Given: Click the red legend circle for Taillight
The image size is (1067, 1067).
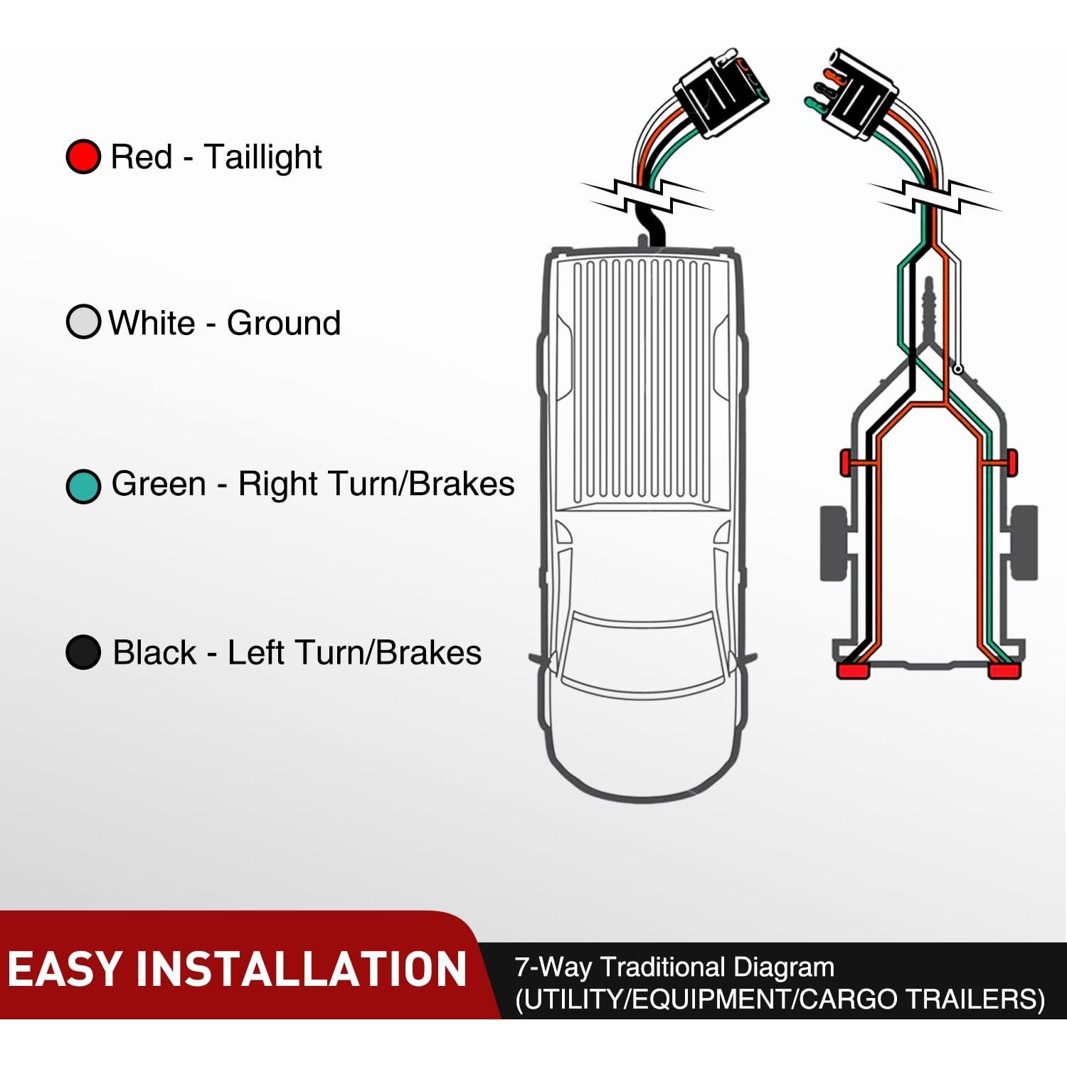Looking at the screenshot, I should (x=83, y=156).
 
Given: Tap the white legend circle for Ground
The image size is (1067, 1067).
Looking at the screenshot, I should (x=83, y=322).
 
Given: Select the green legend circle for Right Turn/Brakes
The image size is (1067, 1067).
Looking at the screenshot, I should (x=83, y=487).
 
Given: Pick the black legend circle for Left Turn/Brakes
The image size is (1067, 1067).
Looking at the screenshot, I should (x=83, y=652).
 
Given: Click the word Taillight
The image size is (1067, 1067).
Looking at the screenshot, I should (x=262, y=157).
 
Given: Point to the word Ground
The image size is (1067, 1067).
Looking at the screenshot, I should (x=283, y=323).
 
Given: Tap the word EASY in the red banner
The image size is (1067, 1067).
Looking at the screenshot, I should (x=65, y=969).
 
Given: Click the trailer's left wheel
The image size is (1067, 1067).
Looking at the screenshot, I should (x=833, y=543).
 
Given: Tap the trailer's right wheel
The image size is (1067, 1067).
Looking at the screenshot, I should (x=1024, y=542).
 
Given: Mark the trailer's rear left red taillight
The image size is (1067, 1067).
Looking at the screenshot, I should (x=852, y=671).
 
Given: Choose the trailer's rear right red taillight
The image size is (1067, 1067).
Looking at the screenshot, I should (x=1004, y=671).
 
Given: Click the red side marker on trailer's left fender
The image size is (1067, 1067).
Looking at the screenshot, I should (x=846, y=462).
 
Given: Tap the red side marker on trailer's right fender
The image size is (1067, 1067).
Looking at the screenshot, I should (x=1012, y=462).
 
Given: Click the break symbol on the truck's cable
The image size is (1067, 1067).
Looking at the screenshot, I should (x=647, y=195).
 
